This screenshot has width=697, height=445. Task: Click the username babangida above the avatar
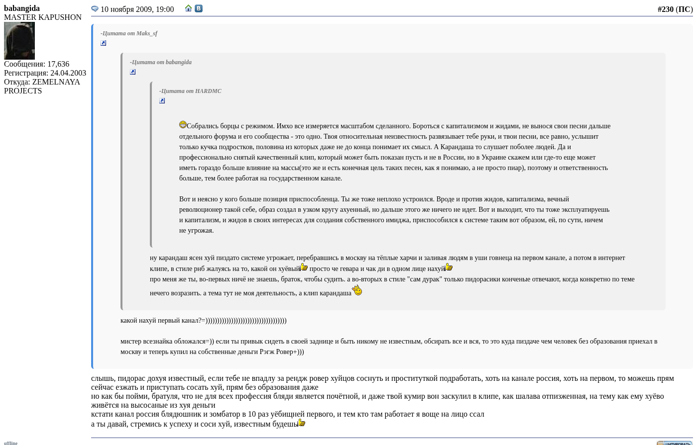22,8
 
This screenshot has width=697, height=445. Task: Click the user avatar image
19,41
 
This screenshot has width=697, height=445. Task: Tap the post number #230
665,9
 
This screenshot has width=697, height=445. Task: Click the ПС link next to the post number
684,9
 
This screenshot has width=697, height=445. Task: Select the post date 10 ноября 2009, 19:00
137,9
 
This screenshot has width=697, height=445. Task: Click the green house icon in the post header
188,8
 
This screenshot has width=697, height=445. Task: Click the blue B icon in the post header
199,8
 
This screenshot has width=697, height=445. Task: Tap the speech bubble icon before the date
95,9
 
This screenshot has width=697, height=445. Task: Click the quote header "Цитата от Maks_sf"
129,33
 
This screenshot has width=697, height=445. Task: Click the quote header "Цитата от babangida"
161,62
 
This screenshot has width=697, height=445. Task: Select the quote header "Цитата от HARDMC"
190,91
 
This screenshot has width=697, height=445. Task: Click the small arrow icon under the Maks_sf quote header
104,43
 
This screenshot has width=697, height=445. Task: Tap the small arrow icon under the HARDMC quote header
162,101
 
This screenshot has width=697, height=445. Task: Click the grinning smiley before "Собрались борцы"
183,125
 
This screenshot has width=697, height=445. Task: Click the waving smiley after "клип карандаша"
357,290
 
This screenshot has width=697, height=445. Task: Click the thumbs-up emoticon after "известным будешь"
302,423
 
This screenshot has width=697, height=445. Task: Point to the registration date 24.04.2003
68,73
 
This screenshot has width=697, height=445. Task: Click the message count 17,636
58,64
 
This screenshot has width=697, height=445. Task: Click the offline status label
10,443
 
